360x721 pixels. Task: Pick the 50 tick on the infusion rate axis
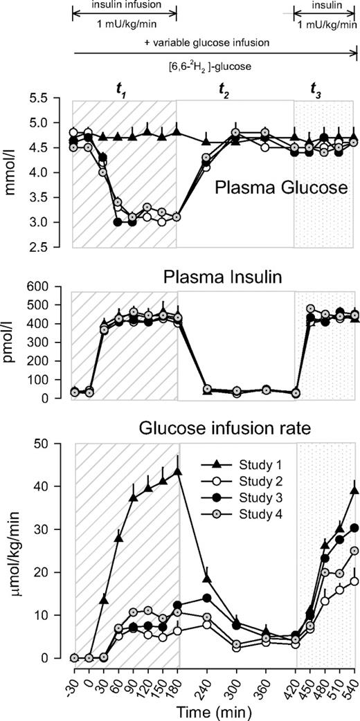(x=57, y=444)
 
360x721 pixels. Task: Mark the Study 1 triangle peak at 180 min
(x=177, y=472)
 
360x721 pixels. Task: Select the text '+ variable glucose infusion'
(x=214, y=42)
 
